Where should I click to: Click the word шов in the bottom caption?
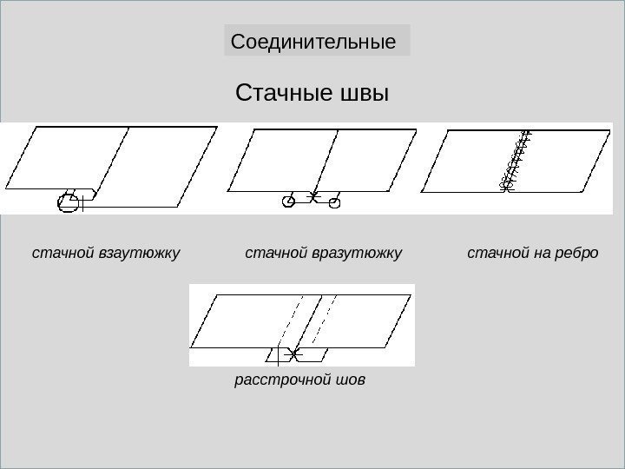pos(352,380)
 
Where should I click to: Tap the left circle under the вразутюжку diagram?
pos(288,201)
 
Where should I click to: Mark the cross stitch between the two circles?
pos(315,197)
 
